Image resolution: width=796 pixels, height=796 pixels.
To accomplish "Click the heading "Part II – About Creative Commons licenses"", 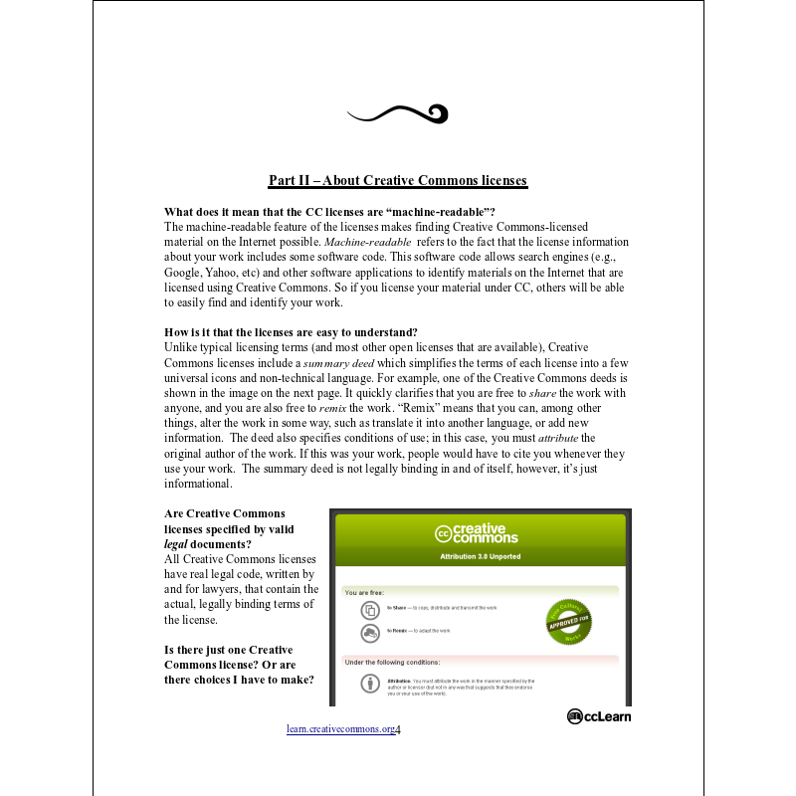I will click(x=398, y=181).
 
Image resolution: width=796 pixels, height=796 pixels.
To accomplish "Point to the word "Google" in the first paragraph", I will click(x=185, y=272).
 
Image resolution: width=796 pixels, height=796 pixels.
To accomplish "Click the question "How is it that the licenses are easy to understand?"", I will click(x=291, y=331).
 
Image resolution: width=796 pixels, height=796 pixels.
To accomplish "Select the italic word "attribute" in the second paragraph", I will click(x=557, y=439).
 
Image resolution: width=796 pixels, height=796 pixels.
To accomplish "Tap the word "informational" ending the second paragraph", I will click(x=197, y=485).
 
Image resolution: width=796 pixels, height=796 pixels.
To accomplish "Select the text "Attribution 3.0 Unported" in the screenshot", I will click(x=481, y=557).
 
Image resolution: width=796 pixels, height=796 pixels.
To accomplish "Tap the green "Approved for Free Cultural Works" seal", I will click(x=569, y=621).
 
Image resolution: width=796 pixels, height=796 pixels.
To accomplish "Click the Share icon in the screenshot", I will click(x=369, y=609).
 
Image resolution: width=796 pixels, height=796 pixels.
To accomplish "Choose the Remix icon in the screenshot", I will click(x=369, y=633).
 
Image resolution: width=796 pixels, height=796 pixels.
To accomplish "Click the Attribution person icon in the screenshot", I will click(x=369, y=685).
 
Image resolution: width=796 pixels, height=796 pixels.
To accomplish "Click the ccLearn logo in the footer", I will click(x=599, y=716).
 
